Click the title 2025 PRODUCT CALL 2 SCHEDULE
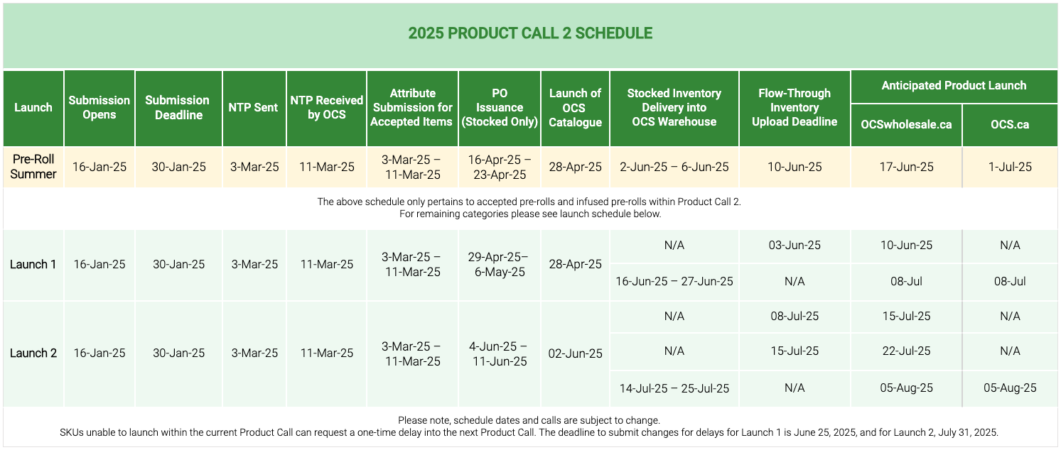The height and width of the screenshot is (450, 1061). pos(530,33)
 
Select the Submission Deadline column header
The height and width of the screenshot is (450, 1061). pos(178,108)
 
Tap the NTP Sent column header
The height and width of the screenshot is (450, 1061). pos(254,108)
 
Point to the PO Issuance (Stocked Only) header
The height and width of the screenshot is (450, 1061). pos(500,108)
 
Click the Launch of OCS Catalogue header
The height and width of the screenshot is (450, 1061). pos(575,108)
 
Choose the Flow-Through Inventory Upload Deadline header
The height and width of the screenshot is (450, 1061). pos(794,108)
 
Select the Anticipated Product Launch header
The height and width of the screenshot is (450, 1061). pos(954,86)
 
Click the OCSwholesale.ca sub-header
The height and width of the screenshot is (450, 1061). pos(905,125)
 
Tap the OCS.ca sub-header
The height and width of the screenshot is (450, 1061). pos(1010,125)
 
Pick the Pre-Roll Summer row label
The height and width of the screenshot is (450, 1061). pos(33,167)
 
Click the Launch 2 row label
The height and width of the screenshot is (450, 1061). pos(33,353)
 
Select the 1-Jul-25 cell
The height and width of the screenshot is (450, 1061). pos(1010,168)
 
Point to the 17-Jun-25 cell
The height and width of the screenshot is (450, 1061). pos(905,168)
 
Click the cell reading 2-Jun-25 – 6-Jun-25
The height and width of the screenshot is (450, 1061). pos(674,168)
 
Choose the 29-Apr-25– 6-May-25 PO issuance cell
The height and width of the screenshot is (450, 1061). pos(500,265)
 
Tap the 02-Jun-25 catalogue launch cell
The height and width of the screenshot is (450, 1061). pos(575,353)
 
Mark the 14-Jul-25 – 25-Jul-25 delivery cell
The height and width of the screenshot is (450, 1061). pos(674,388)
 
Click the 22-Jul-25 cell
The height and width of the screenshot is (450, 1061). pos(905,351)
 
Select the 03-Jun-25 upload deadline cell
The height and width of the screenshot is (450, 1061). pos(794,246)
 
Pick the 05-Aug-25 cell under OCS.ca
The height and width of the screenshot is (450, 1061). pos(1010,388)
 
